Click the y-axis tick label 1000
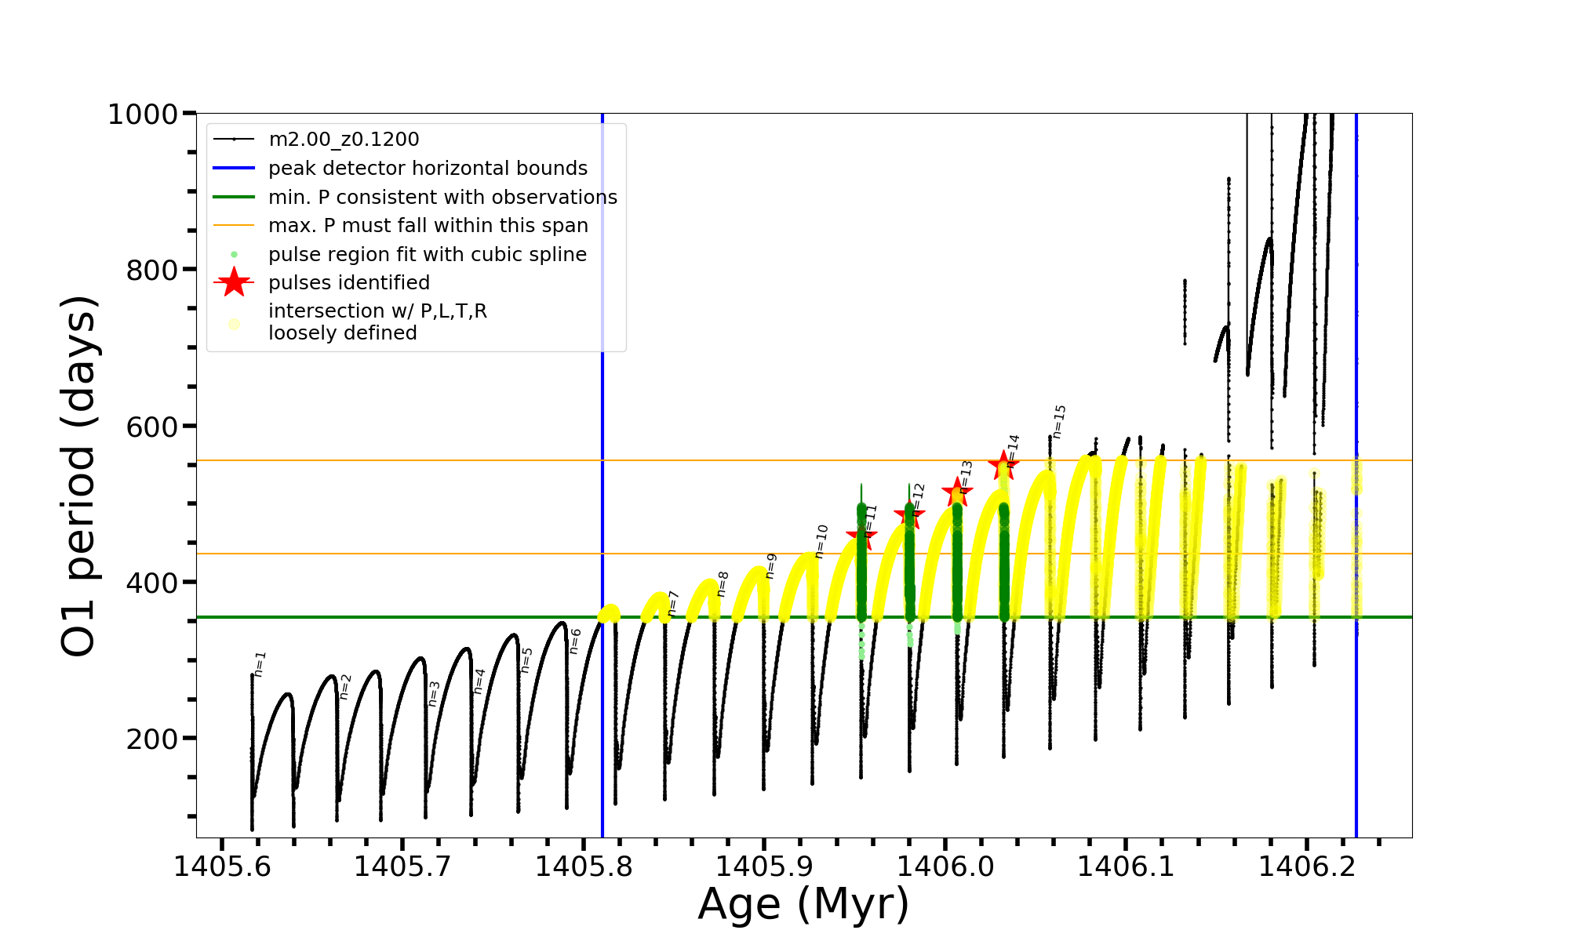(x=142, y=114)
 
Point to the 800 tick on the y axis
(x=151, y=271)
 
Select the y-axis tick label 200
(x=151, y=739)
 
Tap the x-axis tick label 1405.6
(x=222, y=867)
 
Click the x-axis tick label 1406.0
(x=945, y=867)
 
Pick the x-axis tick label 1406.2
(x=1306, y=867)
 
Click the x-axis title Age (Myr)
(x=803, y=904)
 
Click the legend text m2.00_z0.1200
(x=344, y=140)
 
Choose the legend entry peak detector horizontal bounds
(x=428, y=169)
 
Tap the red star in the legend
(x=234, y=283)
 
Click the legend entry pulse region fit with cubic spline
(x=427, y=255)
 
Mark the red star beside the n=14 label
(x=1003, y=466)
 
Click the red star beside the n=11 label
(x=861, y=536)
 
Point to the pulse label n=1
(x=260, y=663)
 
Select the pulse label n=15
(x=1059, y=421)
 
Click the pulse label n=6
(x=575, y=641)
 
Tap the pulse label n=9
(x=770, y=565)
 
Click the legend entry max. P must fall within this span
(x=428, y=226)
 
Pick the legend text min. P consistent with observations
(x=442, y=198)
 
